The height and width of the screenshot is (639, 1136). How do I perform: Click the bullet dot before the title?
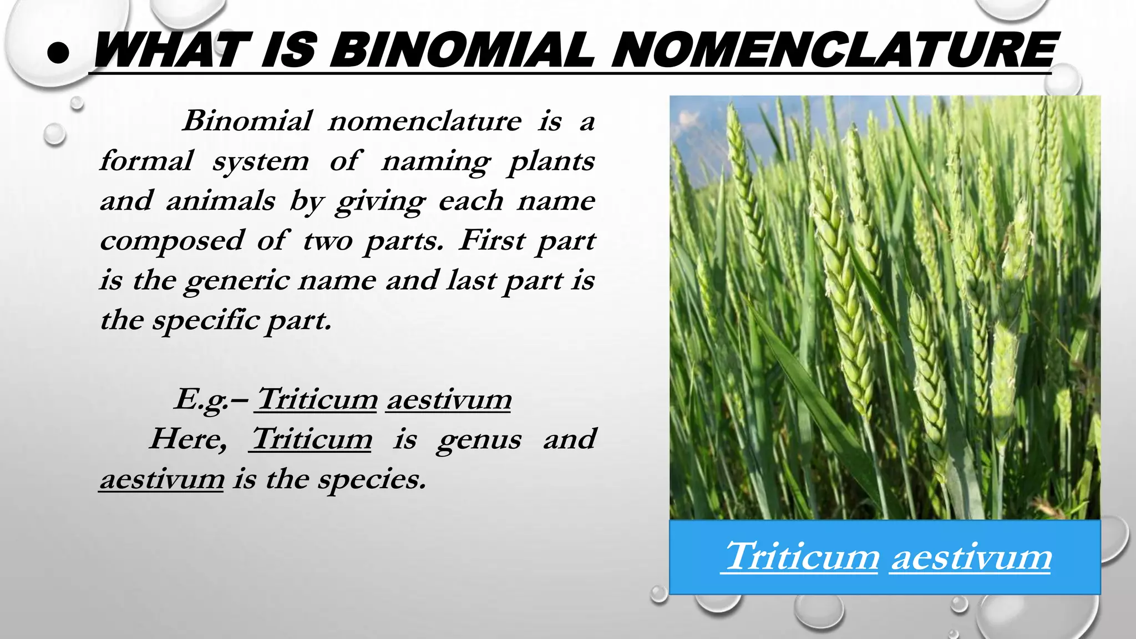(x=58, y=53)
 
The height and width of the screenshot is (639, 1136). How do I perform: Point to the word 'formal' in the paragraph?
(x=146, y=161)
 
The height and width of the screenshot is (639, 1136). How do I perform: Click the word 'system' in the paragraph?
(x=260, y=162)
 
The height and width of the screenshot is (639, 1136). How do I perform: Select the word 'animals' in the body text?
(x=220, y=200)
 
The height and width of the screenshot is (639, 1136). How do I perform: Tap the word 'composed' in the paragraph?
(x=171, y=241)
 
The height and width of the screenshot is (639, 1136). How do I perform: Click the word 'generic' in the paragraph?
(x=237, y=281)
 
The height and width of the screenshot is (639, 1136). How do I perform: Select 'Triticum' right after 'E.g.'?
(x=317, y=399)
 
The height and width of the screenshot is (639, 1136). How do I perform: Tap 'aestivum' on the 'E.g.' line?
(x=449, y=399)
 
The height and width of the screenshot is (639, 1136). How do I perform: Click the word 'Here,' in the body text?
(x=188, y=439)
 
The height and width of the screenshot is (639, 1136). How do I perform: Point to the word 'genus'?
(x=479, y=440)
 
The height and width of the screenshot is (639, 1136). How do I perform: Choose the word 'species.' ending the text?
(x=372, y=479)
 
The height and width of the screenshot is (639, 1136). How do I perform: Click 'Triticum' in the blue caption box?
(x=802, y=556)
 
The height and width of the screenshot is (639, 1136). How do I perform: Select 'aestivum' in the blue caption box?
(x=971, y=557)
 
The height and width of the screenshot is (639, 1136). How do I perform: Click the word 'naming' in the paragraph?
(x=435, y=162)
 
